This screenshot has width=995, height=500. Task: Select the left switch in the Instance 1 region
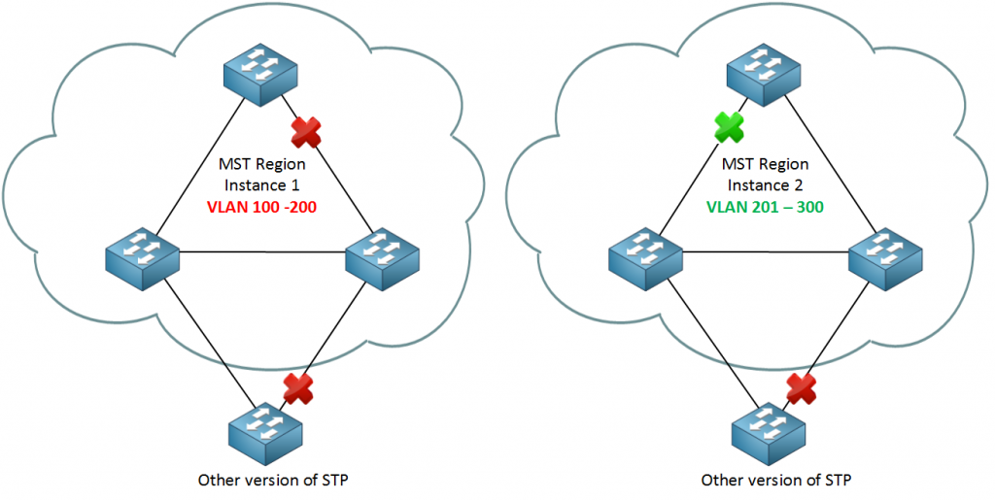143,259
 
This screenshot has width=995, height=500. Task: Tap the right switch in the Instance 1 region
381,259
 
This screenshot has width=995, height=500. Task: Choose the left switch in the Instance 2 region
645,259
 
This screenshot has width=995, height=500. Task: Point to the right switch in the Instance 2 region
885,259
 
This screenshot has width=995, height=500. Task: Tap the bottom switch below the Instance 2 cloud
770,434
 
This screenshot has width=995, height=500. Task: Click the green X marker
729,127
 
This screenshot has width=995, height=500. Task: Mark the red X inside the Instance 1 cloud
306,132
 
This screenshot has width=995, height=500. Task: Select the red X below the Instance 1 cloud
297,387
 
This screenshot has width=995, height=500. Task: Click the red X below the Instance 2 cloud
801,387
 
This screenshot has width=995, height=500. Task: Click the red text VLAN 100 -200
261,207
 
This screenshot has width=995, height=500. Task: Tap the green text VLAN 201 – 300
765,207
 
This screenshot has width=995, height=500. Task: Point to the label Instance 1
262,185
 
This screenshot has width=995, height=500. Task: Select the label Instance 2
766,185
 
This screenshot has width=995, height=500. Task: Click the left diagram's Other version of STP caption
273,480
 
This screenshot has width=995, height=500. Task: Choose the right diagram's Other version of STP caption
776,480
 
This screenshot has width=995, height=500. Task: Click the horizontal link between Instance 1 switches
262,251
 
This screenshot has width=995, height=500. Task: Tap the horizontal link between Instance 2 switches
766,251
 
